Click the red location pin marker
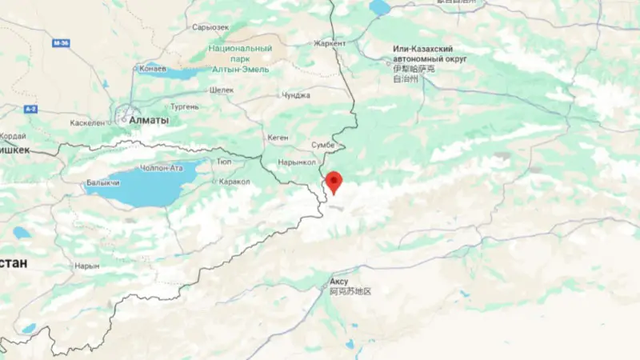tap(333, 182)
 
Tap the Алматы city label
tap(154, 120)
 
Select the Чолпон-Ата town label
tap(162, 166)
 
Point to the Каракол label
tap(234, 182)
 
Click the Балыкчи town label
tap(103, 183)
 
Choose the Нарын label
tap(86, 266)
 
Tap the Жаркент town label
tap(329, 43)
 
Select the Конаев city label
tap(152, 68)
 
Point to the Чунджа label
tap(296, 95)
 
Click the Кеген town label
tap(278, 138)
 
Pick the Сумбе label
tap(323, 145)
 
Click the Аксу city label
tap(339, 282)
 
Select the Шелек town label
tap(222, 90)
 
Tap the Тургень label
tap(185, 106)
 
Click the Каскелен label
tap(88, 122)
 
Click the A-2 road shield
tap(30, 108)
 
